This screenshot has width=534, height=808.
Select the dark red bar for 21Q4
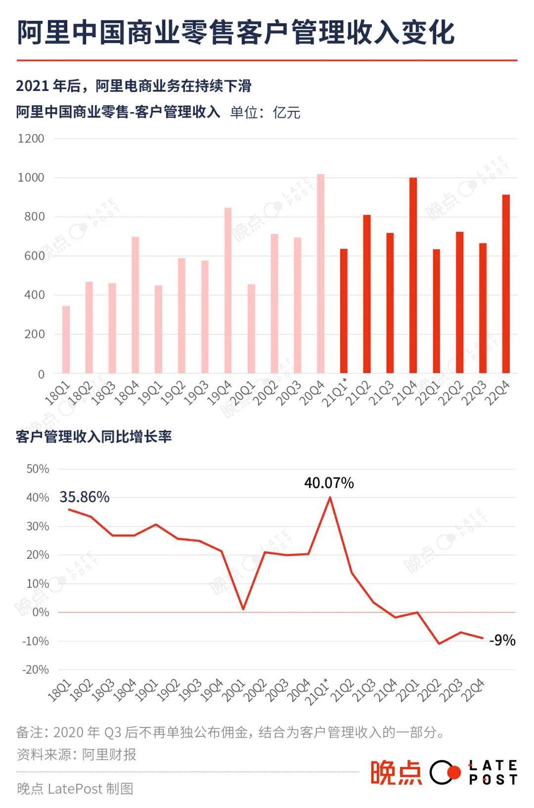pos(413,275)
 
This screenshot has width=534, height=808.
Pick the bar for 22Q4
pos(506,284)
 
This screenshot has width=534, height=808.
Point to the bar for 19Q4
pos(228,290)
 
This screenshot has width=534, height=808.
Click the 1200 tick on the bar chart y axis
pos(31,138)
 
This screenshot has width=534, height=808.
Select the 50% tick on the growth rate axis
pos(38,469)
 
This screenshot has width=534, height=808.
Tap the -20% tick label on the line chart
pos(36,670)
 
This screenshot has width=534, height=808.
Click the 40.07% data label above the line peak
pos(329,483)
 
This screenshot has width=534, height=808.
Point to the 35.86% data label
pos(85,497)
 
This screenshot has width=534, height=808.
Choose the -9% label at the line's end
pos(502,640)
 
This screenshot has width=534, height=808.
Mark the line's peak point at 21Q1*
pos(330,497)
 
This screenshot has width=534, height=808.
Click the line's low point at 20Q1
pos(243,609)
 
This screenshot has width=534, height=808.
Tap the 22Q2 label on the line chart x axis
pos(429,690)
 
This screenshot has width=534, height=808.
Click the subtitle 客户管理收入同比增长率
pos(94,437)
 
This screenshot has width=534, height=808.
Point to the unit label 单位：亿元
pos(265,112)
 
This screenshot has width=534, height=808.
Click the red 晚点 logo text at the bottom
pos(396,772)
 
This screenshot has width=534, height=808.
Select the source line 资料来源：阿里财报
pos(77,755)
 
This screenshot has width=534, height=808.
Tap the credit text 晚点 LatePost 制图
pos(75,788)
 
